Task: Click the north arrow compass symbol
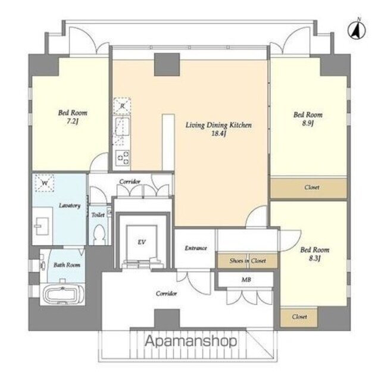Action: point(357,30)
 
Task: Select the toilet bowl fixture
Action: point(99,235)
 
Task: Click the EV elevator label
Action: point(142,242)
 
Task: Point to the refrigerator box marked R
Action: point(122,106)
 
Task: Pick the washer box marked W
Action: point(44,183)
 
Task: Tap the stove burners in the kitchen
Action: point(123,158)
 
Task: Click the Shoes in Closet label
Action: point(248,261)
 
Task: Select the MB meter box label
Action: point(246,280)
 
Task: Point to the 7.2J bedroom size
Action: point(72,121)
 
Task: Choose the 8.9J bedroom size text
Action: point(308,123)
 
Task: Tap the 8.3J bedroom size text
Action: point(315,258)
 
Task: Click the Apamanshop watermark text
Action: point(190,341)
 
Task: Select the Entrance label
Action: point(196,248)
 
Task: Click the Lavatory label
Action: point(70,205)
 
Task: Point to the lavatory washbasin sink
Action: point(42,226)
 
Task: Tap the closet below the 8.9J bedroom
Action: point(308,188)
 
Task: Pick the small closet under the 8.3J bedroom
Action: point(299,317)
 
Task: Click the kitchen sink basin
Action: point(122,127)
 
